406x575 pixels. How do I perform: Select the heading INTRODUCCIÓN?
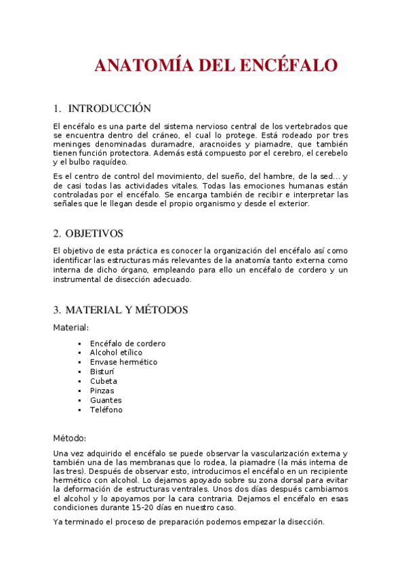(109, 108)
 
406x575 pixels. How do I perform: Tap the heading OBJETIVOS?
(94, 233)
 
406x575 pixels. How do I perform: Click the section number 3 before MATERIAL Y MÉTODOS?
(56, 310)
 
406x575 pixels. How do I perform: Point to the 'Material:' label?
(70, 328)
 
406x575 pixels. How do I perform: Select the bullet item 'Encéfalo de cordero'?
(127, 344)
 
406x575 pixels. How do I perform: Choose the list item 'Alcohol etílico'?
(116, 353)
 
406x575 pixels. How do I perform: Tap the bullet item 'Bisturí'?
(102, 372)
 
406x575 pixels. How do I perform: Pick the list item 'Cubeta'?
(103, 381)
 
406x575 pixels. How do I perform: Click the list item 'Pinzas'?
(102, 391)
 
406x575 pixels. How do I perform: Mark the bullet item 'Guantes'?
(106, 400)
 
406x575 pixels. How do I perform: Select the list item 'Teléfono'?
(106, 410)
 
